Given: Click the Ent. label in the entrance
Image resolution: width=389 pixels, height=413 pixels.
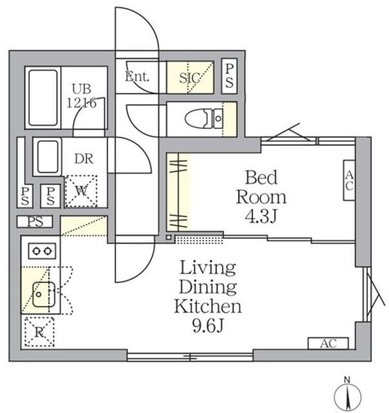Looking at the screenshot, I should tap(137, 77).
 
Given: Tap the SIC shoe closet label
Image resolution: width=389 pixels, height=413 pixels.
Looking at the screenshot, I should tap(190, 77).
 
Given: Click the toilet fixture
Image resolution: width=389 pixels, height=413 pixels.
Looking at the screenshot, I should tap(203, 119).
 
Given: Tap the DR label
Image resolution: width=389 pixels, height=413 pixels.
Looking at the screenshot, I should tap(82, 159).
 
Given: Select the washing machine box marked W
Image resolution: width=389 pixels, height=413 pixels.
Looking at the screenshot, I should tap(81, 190).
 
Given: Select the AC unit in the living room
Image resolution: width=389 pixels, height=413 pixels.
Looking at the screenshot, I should tap(328, 343).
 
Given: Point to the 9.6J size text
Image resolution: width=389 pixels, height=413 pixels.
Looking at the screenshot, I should tap(207, 326).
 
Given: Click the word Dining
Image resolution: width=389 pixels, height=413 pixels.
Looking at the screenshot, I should tap(207, 287).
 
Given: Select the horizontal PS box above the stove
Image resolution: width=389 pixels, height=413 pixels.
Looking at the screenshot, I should tap(35, 223).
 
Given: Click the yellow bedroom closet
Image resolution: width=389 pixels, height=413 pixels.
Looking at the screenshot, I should tap(179, 192).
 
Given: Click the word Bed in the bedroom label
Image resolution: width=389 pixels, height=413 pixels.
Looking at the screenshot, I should tap(261, 176).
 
